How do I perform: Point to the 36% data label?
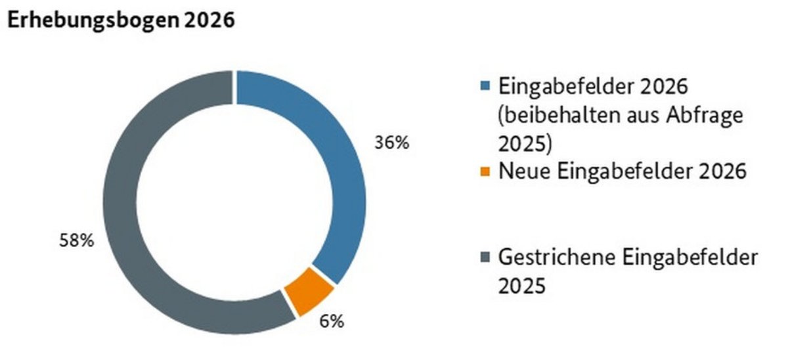[391, 143]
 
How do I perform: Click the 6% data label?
[332, 322]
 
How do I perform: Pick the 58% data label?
[77, 240]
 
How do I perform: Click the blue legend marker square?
[485, 86]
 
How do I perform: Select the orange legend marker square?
[485, 172]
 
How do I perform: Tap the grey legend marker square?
[485, 258]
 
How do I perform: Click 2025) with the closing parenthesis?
[525, 143]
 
